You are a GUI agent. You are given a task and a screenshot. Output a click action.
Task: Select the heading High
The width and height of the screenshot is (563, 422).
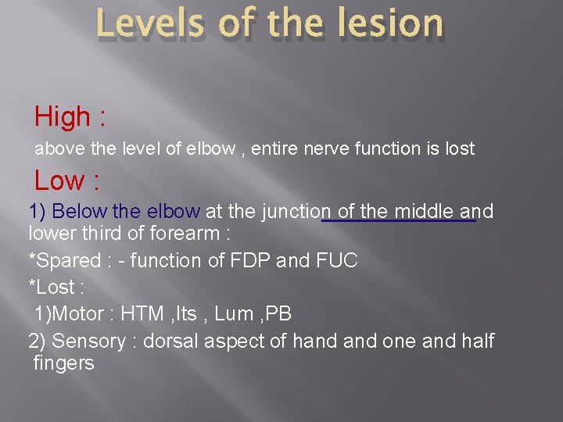[63, 117]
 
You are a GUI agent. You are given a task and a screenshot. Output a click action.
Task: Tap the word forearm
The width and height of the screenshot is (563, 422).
[188, 234]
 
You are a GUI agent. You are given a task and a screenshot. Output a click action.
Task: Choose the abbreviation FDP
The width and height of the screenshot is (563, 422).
[249, 261]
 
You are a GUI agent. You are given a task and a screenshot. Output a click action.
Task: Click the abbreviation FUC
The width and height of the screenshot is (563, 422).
[336, 261]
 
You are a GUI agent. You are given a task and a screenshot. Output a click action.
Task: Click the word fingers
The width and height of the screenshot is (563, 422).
[64, 363]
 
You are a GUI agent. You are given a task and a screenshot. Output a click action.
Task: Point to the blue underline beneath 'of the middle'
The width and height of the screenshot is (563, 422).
[399, 221]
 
